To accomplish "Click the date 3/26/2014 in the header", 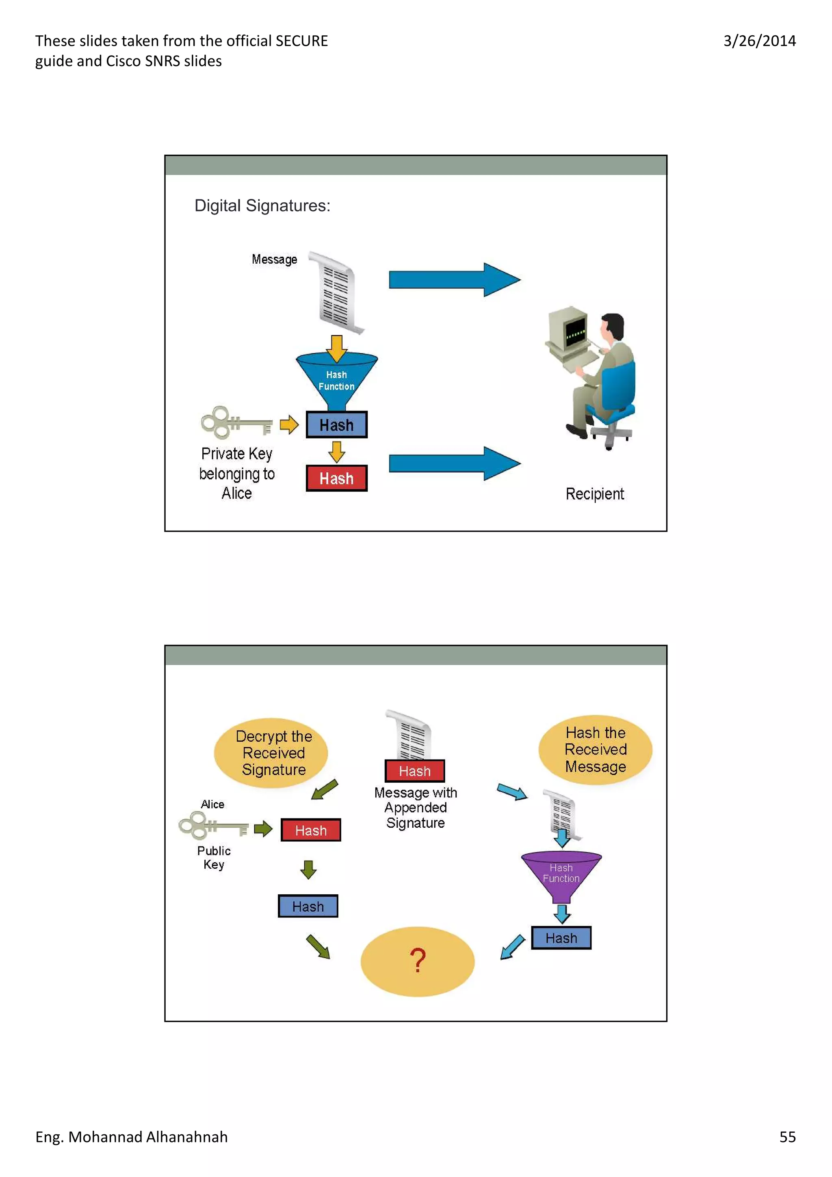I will tap(759, 41).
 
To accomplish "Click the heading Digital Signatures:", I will tap(262, 206).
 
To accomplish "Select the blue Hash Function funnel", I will tap(336, 379).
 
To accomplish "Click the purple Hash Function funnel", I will tap(561, 874).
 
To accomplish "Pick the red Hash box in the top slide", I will tap(336, 478).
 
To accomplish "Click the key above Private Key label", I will tap(236, 423).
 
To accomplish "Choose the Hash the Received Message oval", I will tap(595, 749).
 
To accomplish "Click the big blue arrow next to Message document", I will tap(454, 280).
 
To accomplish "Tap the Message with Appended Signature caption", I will tap(415, 807).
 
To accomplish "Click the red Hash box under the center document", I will tap(415, 771).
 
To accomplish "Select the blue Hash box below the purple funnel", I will tap(561, 938).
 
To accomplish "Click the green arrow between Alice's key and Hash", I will tap(263, 829).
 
